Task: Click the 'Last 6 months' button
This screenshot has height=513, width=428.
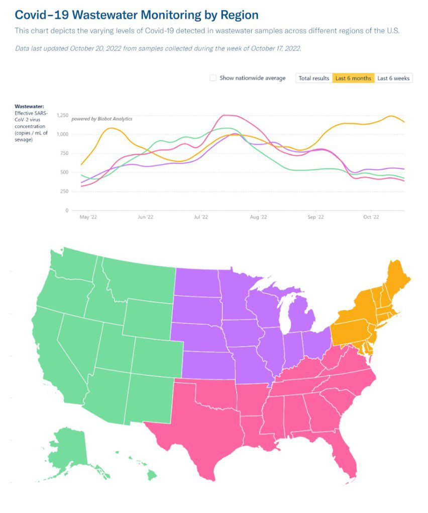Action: pyautogui.click(x=353, y=78)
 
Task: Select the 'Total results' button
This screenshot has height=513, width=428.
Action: pyautogui.click(x=313, y=78)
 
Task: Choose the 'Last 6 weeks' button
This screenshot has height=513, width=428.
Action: pyautogui.click(x=393, y=78)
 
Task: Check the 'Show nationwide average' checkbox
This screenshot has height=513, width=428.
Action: pyautogui.click(x=213, y=78)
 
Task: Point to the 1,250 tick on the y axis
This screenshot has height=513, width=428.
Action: pyautogui.click(x=62, y=116)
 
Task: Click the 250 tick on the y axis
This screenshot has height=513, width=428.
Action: pyautogui.click(x=64, y=192)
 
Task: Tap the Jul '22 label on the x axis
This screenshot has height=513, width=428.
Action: pyautogui.click(x=201, y=217)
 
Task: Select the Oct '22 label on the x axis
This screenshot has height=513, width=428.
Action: pyautogui.click(x=371, y=217)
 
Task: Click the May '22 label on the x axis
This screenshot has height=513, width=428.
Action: pyautogui.click(x=88, y=217)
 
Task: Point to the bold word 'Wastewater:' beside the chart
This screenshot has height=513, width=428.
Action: pyautogui.click(x=29, y=107)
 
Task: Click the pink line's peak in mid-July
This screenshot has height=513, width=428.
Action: pyautogui.click(x=225, y=115)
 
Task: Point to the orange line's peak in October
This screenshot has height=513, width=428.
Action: pyautogui.click(x=391, y=116)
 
